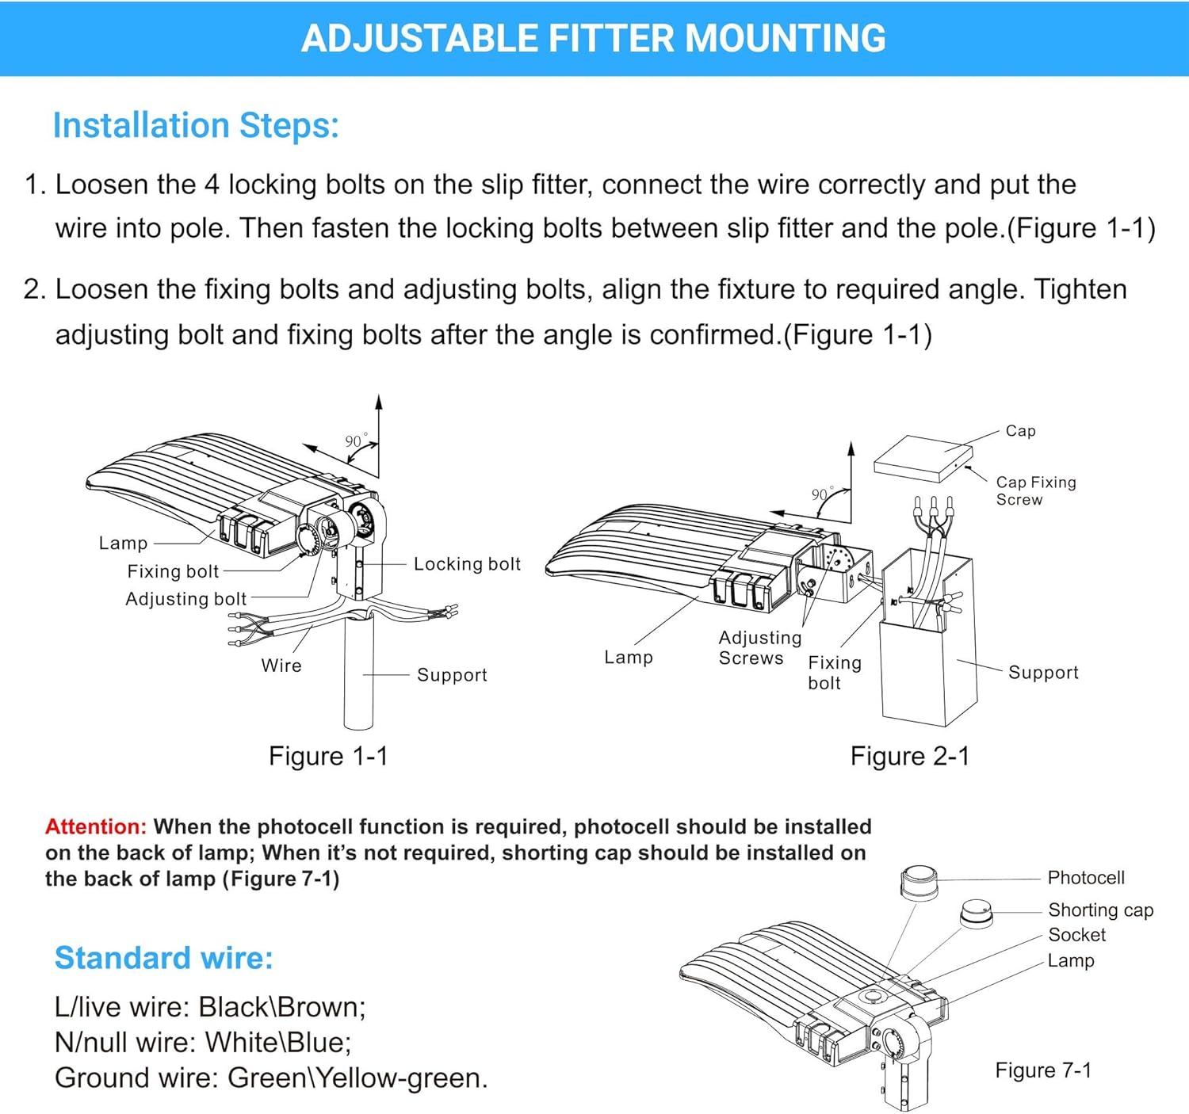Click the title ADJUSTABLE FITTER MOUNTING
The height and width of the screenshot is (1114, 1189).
[x=594, y=38]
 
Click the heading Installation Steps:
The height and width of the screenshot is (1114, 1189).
[x=196, y=126]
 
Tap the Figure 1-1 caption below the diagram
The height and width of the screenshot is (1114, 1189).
[x=328, y=756]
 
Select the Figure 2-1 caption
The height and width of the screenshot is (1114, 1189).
[x=909, y=756]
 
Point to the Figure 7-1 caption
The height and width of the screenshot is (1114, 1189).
[x=1043, y=1070]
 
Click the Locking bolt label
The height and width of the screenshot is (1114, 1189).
[x=467, y=564]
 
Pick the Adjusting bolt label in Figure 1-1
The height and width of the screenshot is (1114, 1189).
[x=186, y=599]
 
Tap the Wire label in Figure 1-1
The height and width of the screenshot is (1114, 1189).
[x=281, y=666]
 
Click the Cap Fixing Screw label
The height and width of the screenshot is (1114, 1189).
[x=1035, y=490]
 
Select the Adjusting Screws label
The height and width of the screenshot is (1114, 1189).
[x=759, y=647]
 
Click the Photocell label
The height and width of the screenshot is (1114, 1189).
[x=1086, y=878]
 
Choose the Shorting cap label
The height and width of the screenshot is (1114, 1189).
[x=1100, y=910]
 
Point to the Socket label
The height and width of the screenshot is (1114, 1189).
[x=1076, y=935]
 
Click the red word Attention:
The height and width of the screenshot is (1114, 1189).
[x=96, y=827]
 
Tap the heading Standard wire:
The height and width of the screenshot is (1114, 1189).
[x=163, y=958]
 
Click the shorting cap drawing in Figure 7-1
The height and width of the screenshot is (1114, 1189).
[x=976, y=913]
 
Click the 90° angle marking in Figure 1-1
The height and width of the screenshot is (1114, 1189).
[x=356, y=441]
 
